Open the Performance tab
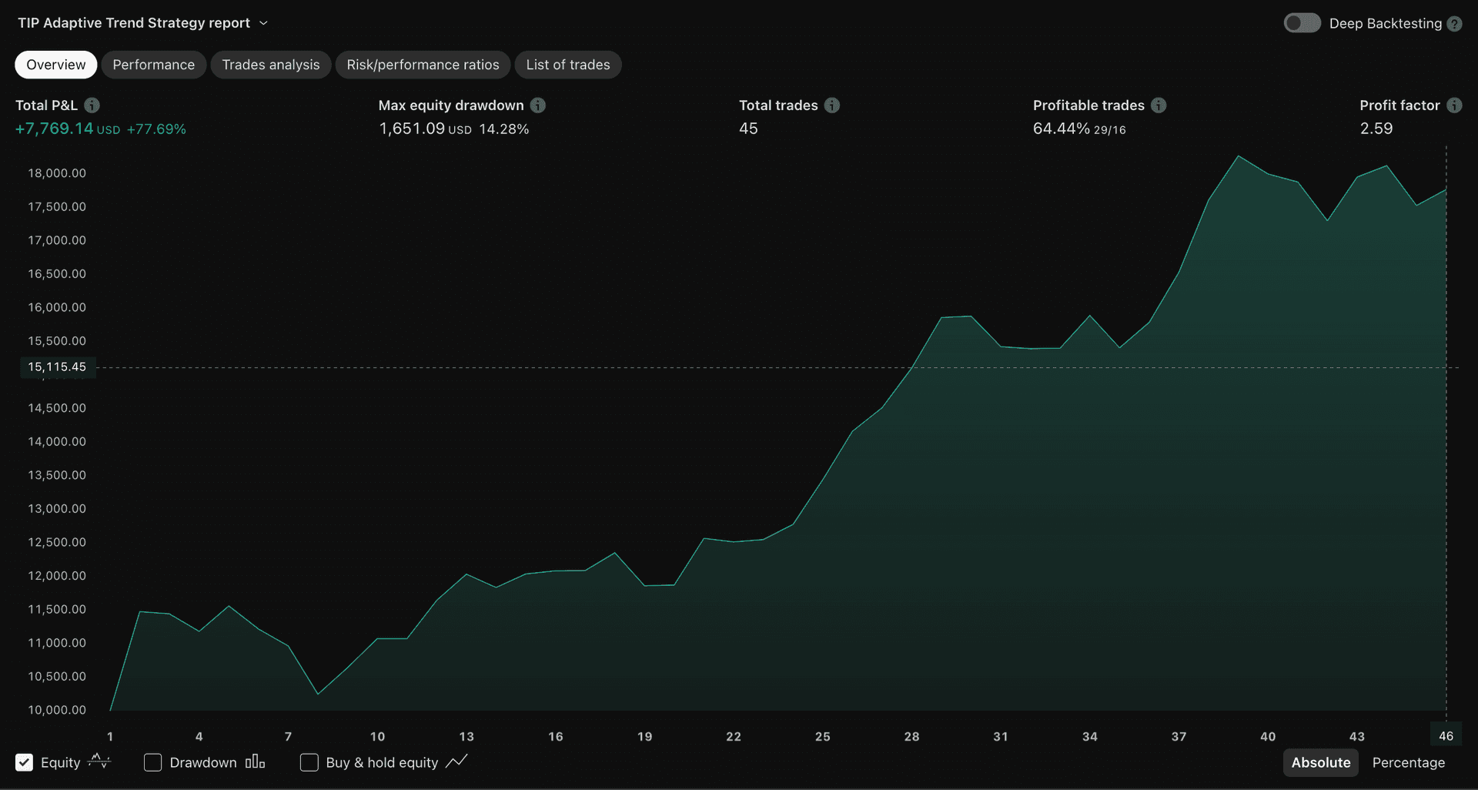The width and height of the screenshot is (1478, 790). tap(153, 65)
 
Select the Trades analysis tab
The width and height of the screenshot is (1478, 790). tap(270, 65)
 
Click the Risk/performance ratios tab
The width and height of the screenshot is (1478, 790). tap(423, 65)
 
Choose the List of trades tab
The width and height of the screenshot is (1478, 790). tap(567, 65)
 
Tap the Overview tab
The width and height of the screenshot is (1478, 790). tap(55, 65)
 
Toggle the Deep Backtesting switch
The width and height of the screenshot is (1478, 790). tap(1302, 23)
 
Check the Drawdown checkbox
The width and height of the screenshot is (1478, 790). tap(153, 762)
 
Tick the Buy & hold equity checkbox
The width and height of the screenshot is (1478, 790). tap(309, 762)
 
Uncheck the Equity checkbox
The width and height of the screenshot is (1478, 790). tap(25, 762)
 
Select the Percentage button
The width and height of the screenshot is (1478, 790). tap(1408, 762)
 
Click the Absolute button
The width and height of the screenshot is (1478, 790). tap(1320, 762)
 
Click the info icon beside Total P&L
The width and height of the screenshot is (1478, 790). tap(92, 105)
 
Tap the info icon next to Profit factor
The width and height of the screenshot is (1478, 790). tap(1454, 105)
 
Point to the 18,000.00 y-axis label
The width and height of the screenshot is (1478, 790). tap(57, 173)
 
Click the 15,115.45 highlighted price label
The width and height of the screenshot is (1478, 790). tap(57, 367)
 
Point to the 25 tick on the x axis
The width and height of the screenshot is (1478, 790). tap(822, 737)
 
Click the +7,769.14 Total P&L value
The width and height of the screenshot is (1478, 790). tap(54, 129)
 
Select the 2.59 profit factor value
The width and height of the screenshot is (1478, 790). tap(1376, 129)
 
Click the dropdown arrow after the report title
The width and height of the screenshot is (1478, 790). tap(263, 23)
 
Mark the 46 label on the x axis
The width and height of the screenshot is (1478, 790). tap(1446, 736)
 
